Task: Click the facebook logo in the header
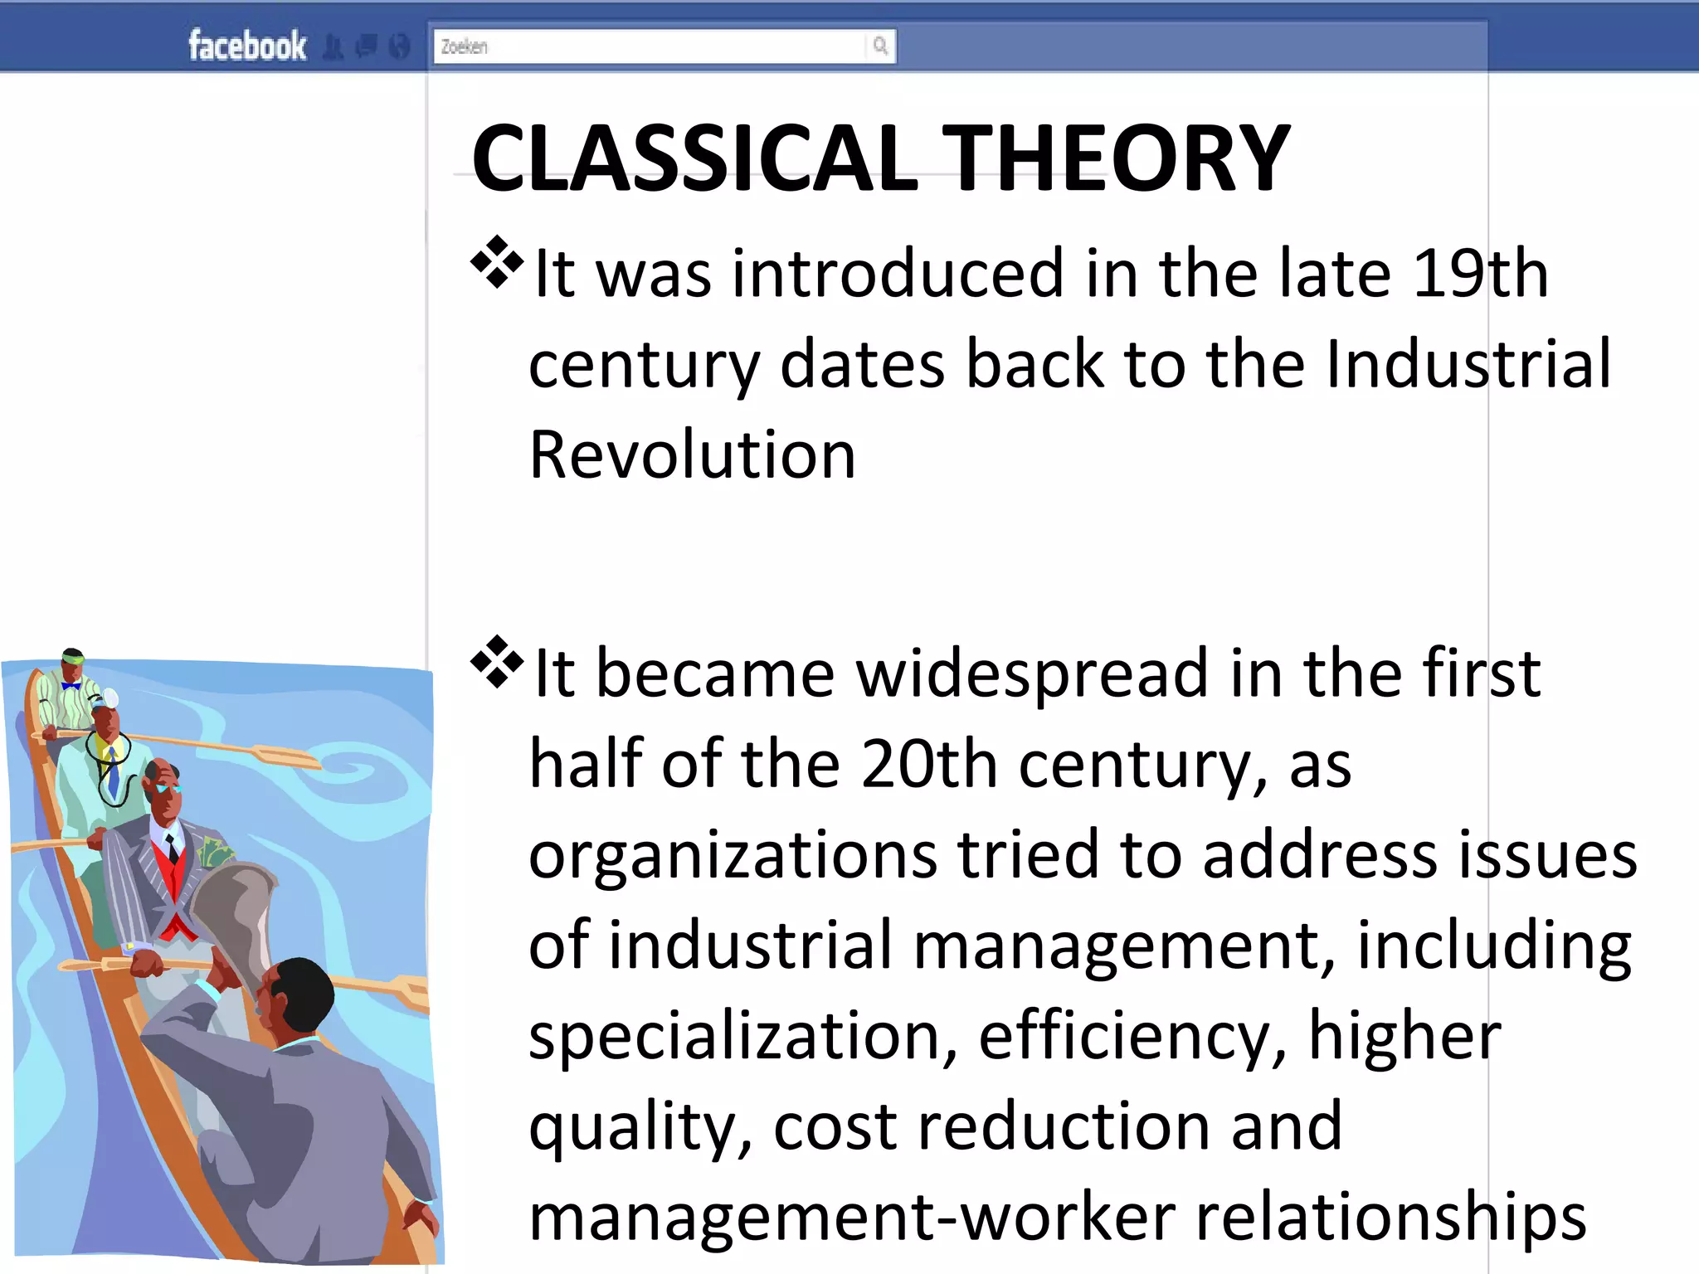tap(247, 46)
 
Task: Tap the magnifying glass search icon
tap(880, 46)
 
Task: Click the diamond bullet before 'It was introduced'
tap(497, 263)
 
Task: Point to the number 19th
tap(1480, 274)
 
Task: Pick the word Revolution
tap(692, 455)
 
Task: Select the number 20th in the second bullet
tap(929, 764)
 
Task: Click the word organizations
tap(733, 855)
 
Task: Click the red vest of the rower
tap(172, 879)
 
